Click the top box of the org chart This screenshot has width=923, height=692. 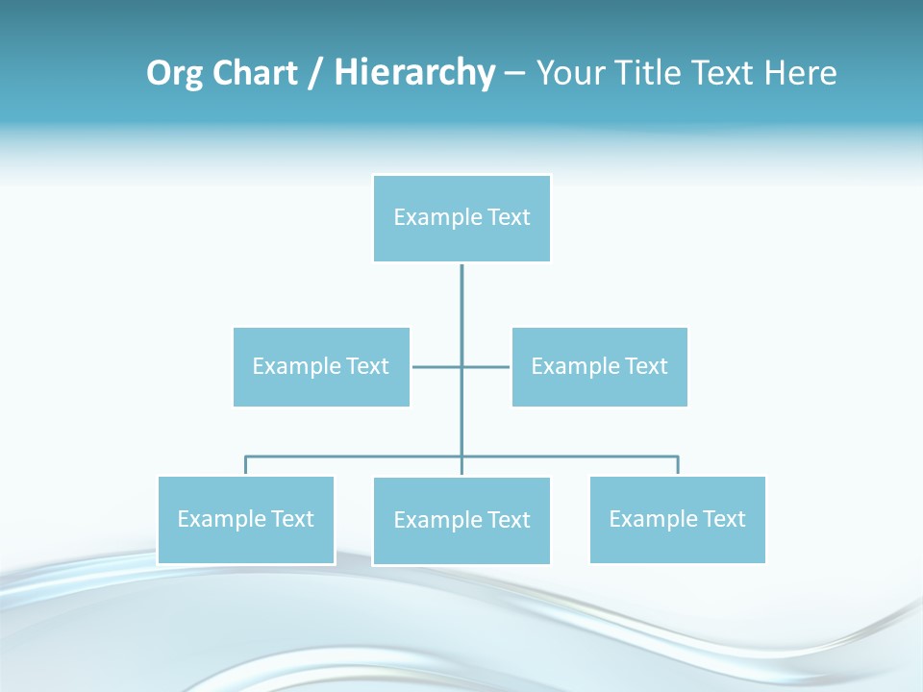tap(461, 218)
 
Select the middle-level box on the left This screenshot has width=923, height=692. tap(321, 367)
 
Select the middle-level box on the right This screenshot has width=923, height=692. tap(599, 367)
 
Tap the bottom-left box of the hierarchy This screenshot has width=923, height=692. tap(246, 520)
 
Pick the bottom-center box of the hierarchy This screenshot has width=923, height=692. tap(461, 521)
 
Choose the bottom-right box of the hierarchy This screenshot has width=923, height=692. tap(677, 520)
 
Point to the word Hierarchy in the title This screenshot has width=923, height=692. tap(413, 73)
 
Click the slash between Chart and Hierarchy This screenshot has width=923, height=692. tap(315, 73)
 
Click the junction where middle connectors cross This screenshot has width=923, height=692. tap(461, 367)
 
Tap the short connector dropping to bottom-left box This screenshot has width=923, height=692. tap(246, 466)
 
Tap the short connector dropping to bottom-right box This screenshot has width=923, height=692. tap(678, 466)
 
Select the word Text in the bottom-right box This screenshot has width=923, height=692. tap(724, 520)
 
